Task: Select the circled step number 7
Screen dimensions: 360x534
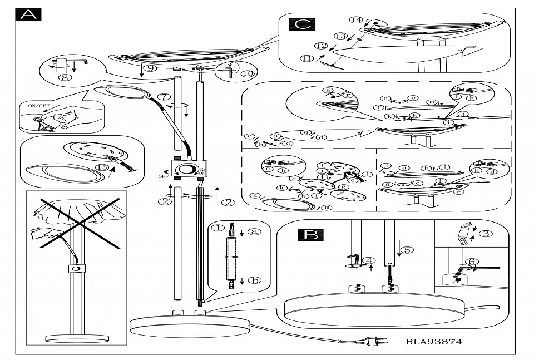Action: click(164, 97)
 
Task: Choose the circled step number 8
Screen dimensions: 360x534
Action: click(65, 78)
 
